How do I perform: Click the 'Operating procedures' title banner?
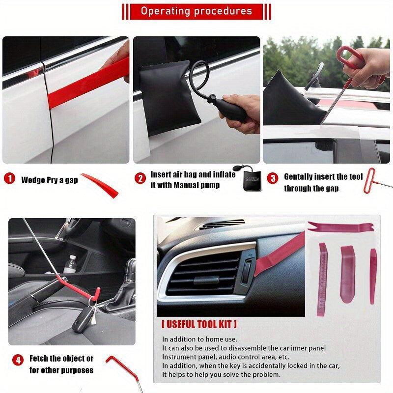click(196, 11)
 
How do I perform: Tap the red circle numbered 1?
click(9, 178)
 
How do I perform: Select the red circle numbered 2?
click(141, 178)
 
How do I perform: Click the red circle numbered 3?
click(273, 178)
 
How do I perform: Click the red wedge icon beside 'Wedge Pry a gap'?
click(101, 184)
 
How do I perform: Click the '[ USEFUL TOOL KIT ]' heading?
click(199, 324)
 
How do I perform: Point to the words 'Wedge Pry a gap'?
click(49, 180)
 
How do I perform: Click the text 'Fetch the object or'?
click(61, 359)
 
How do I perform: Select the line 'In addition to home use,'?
click(199, 339)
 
